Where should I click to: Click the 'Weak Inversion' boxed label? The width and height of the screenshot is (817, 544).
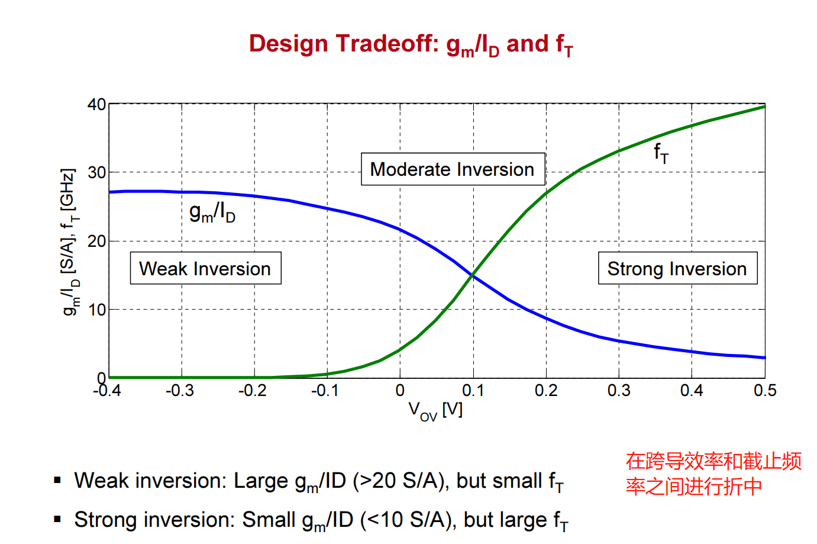(x=205, y=269)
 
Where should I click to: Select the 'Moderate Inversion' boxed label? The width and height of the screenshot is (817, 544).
(x=453, y=169)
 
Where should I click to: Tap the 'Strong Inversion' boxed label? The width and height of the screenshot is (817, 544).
(x=677, y=269)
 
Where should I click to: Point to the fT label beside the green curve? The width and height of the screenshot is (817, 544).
(x=661, y=153)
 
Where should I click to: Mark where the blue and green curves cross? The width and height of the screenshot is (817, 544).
(x=472, y=275)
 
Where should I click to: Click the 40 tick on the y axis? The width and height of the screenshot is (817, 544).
(x=97, y=105)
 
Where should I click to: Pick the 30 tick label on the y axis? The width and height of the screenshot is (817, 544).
(x=97, y=173)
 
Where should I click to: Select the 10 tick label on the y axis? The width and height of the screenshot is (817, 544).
(x=97, y=310)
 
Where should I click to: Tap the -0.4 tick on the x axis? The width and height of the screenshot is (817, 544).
(x=107, y=391)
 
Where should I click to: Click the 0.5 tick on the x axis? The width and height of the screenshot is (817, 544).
(x=764, y=391)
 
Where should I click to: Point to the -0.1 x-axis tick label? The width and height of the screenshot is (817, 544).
(x=325, y=391)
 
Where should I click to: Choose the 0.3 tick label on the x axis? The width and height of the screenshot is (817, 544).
(x=619, y=391)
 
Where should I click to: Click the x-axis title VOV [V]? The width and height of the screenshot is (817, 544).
(x=435, y=410)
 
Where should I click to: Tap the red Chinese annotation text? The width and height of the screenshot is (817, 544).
(x=713, y=474)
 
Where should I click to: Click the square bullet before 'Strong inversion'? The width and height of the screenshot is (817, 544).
(x=57, y=519)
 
